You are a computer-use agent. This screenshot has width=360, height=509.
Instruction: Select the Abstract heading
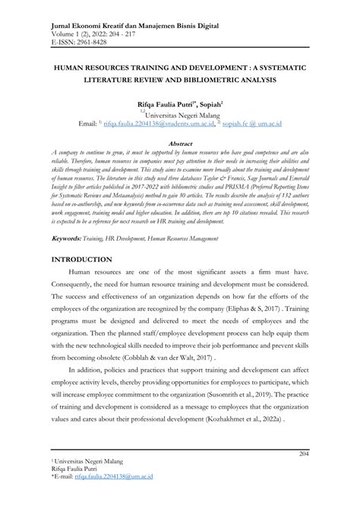click(x=179, y=142)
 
